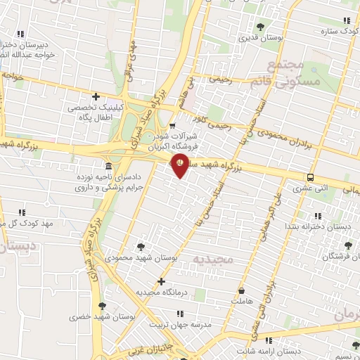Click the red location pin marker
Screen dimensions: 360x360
181,165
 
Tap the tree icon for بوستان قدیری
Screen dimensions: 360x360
261,27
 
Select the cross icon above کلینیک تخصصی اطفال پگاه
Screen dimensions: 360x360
96,97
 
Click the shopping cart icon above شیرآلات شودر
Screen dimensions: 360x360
172,126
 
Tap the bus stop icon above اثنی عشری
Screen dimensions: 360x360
310,177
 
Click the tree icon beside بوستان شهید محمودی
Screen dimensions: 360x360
141,246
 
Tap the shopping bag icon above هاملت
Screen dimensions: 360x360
242,290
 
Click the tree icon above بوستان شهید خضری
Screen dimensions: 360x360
103,306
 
